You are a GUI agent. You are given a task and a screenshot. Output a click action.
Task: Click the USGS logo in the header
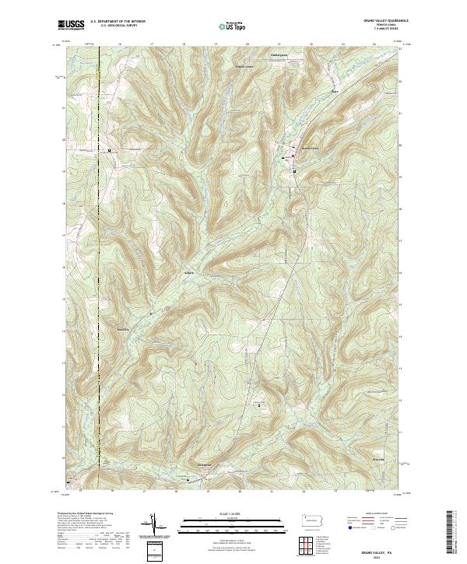71,26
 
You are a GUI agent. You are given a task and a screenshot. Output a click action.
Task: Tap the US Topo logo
226,26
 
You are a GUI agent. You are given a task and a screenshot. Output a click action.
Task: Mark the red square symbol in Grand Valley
293,158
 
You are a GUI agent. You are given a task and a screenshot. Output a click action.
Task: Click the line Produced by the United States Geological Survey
86,514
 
